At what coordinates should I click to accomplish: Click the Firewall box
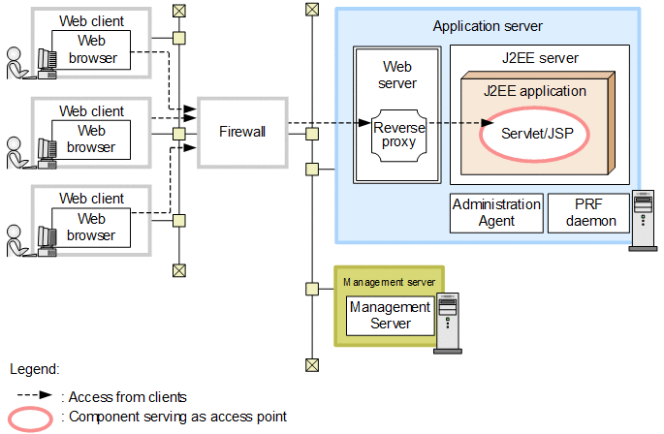tap(242, 131)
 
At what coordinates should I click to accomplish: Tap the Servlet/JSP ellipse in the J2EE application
tap(533, 135)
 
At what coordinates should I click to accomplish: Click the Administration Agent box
tap(496, 212)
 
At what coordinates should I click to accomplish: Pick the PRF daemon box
tap(587, 212)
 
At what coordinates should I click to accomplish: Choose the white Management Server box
tap(390, 315)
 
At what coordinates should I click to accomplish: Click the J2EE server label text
tap(540, 58)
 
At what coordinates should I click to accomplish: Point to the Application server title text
tap(488, 26)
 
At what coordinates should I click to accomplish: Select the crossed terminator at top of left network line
tap(177, 11)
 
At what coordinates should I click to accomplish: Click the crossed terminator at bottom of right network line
tap(311, 364)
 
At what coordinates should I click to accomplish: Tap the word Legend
tap(35, 369)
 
